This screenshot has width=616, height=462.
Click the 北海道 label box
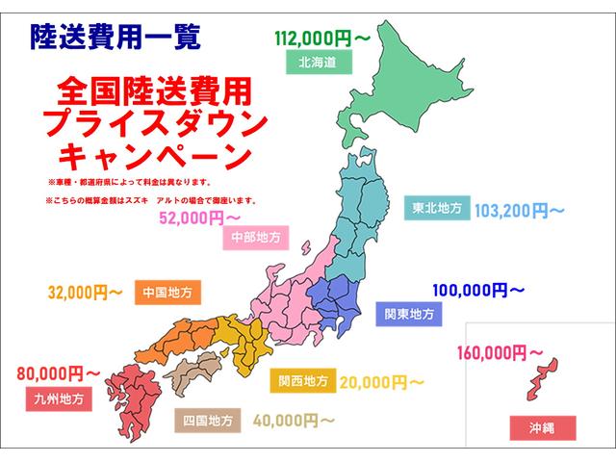pos(318,63)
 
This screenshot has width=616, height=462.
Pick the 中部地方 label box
pos(256,238)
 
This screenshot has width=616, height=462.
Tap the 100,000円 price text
pos(478,290)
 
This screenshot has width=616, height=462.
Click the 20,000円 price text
pos(381,381)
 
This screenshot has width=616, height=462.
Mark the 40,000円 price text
pos(294,420)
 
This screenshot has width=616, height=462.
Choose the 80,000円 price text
pos(58,370)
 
